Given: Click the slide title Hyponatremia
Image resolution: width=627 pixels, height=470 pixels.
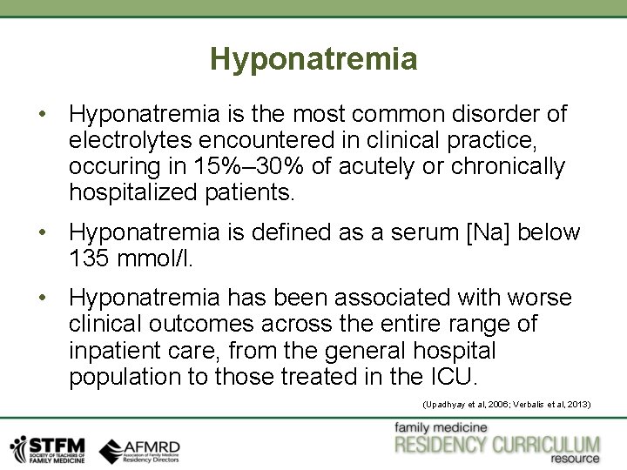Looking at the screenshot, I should [313, 59].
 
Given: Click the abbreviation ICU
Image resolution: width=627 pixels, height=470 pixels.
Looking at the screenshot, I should [453, 377].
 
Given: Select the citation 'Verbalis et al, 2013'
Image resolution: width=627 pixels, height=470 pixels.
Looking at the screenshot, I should [554, 406].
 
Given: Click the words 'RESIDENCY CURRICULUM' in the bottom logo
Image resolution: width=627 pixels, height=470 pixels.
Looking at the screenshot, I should [497, 445].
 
